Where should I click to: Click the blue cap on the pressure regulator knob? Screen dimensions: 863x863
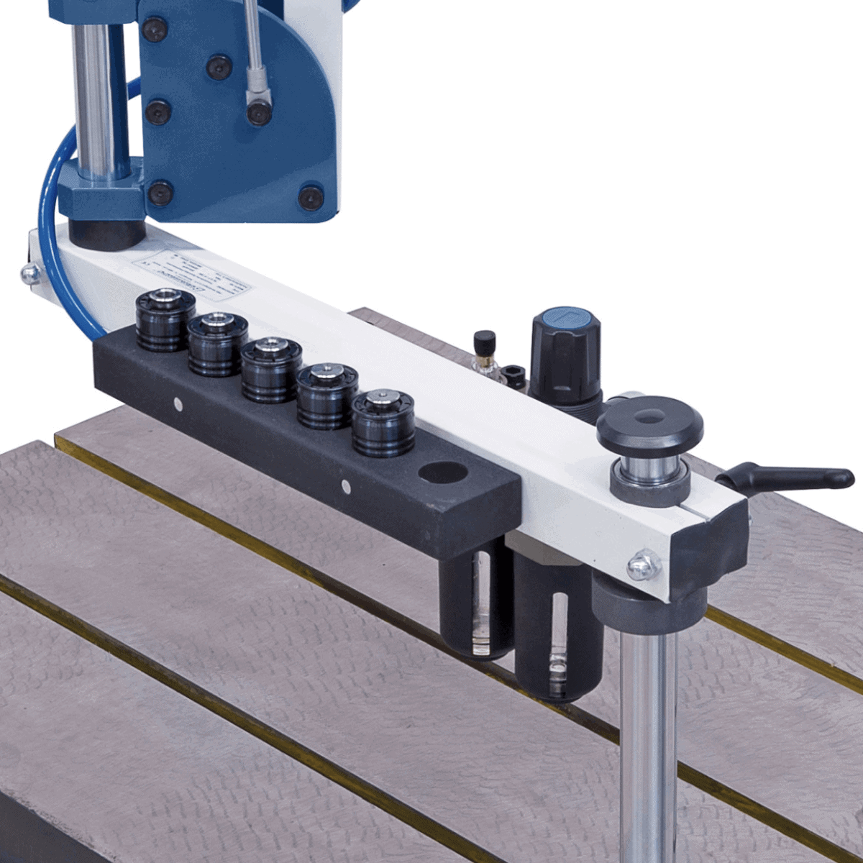click(565, 320)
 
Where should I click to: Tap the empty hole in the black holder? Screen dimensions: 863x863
click(443, 472)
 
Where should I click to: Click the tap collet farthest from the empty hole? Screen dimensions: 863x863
click(165, 320)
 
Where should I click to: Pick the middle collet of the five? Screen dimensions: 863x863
click(270, 370)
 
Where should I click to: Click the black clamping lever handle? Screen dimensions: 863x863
click(791, 477)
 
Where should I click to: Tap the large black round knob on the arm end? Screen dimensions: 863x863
click(649, 424)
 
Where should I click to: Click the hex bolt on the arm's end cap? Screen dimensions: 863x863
click(642, 566)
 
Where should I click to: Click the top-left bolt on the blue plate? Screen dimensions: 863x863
click(154, 29)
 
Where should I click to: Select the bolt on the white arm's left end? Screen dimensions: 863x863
click(29, 273)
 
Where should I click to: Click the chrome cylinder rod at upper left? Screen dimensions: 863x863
click(93, 93)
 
